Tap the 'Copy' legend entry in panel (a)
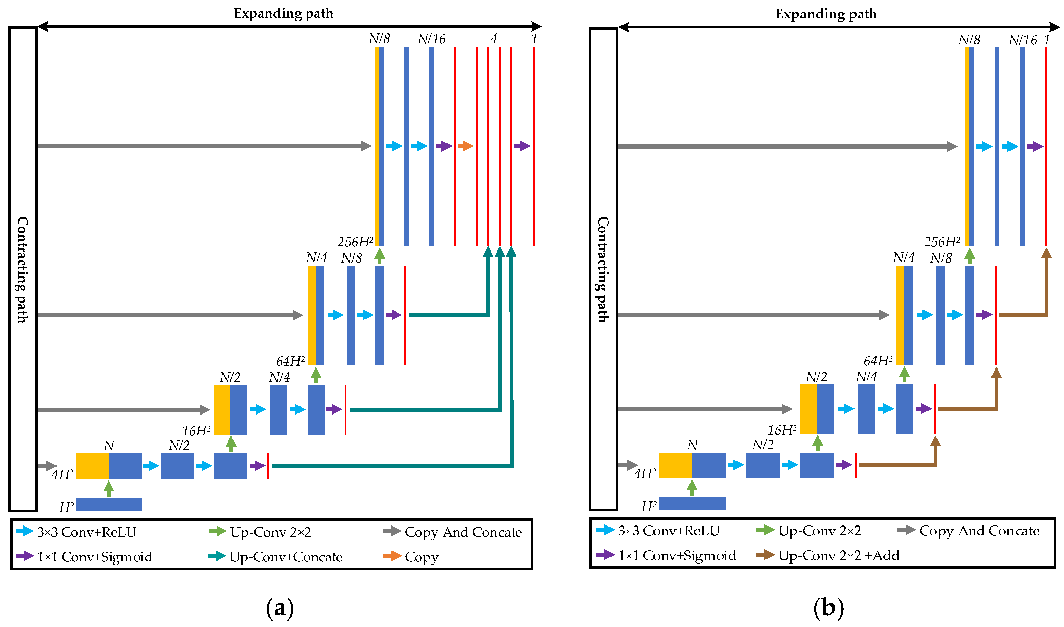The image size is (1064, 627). coord(421,557)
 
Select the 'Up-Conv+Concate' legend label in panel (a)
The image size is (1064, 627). coord(286,557)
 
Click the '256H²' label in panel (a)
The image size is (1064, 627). coord(355,242)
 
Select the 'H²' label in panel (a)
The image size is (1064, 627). coord(67,507)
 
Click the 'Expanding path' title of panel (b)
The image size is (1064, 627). coord(826,14)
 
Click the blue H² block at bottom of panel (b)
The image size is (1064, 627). coord(692,503)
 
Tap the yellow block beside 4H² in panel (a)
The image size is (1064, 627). coord(92,466)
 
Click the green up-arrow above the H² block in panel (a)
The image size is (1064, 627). coord(109,488)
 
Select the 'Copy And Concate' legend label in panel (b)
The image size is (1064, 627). coord(979,531)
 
